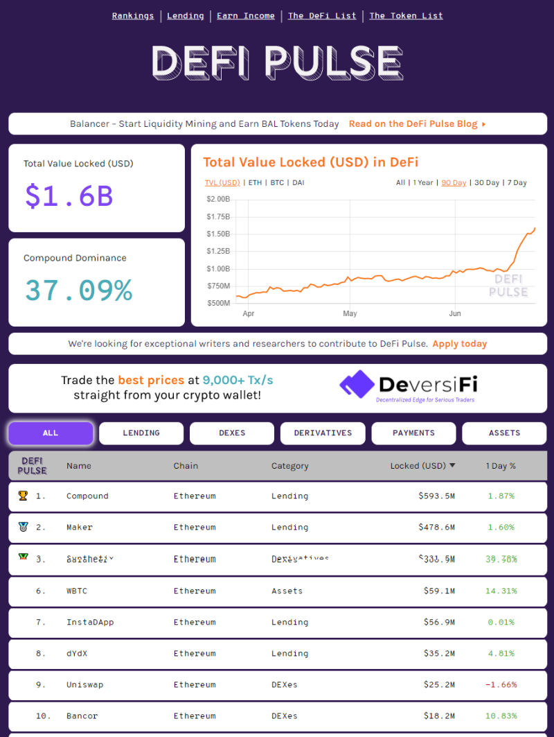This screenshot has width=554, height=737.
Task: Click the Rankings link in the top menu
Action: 133,15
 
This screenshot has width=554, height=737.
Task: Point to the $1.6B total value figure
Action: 69,196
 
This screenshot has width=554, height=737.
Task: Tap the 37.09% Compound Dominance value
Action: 78,290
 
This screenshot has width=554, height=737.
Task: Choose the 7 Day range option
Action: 517,183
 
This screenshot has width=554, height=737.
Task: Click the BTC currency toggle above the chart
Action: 277,183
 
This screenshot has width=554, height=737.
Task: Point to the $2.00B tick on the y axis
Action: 218,200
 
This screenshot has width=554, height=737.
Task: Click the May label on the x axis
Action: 350,313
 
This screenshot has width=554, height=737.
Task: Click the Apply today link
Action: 459,344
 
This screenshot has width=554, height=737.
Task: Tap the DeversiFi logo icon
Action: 357,384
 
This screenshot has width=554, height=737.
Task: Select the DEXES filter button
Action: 232,433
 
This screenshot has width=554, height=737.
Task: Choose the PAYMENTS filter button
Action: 413,433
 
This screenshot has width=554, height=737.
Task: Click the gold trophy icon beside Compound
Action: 23,496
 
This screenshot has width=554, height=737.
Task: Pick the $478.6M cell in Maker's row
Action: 436,527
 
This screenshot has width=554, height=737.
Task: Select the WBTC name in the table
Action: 77,591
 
